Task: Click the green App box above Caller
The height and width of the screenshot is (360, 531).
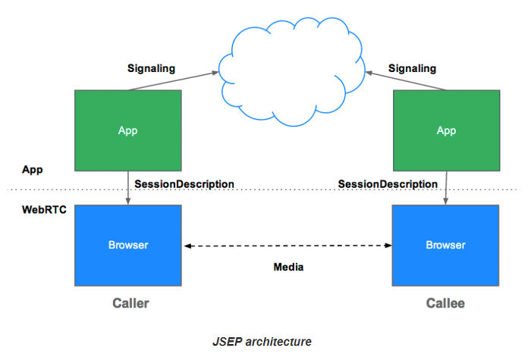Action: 128,130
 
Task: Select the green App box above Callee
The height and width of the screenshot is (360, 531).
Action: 446,130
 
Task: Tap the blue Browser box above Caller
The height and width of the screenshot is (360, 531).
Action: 128,246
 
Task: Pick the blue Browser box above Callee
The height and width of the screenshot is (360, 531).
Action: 446,246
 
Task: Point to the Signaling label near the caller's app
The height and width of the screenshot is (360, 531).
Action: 152,68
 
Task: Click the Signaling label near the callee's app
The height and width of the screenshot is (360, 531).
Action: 412,68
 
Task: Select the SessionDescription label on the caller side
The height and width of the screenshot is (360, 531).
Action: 184,184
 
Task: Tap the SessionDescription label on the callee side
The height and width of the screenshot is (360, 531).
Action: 388,184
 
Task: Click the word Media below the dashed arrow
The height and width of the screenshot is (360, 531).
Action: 288,267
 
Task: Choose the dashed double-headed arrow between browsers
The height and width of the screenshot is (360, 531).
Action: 287,246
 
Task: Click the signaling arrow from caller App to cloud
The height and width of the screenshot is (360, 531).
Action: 174,81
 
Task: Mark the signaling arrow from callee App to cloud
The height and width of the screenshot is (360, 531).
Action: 406,81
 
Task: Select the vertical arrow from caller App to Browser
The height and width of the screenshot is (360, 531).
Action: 128,188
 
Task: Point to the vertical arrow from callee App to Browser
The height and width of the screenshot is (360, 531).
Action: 446,188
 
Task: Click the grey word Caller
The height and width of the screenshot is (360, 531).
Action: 130,303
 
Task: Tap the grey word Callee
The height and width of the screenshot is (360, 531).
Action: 445,303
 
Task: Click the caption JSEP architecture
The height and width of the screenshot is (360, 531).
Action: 262,342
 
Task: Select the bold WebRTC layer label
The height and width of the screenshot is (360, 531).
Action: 44,210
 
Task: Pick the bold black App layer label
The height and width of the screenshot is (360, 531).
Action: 33,170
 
